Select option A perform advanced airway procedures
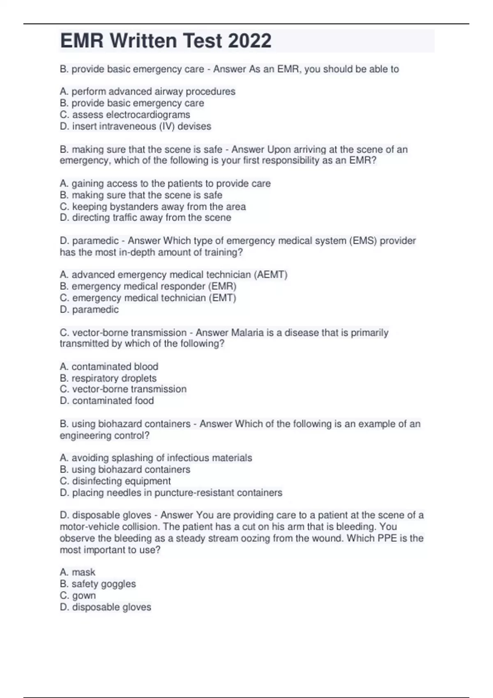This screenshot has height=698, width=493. (147, 92)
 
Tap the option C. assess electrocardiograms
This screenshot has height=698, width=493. (125, 115)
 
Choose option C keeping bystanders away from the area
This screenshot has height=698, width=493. (153, 207)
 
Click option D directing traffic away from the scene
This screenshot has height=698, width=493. (145, 218)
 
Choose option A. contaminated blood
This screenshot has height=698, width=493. (109, 367)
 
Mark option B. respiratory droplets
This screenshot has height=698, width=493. (108, 378)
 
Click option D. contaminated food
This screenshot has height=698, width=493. (107, 401)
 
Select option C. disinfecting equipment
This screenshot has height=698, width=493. (115, 481)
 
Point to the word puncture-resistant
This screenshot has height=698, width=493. (198, 493)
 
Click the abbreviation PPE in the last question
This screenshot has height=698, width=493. (387, 538)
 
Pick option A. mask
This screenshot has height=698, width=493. (77, 572)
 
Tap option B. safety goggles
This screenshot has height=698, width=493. (98, 584)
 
